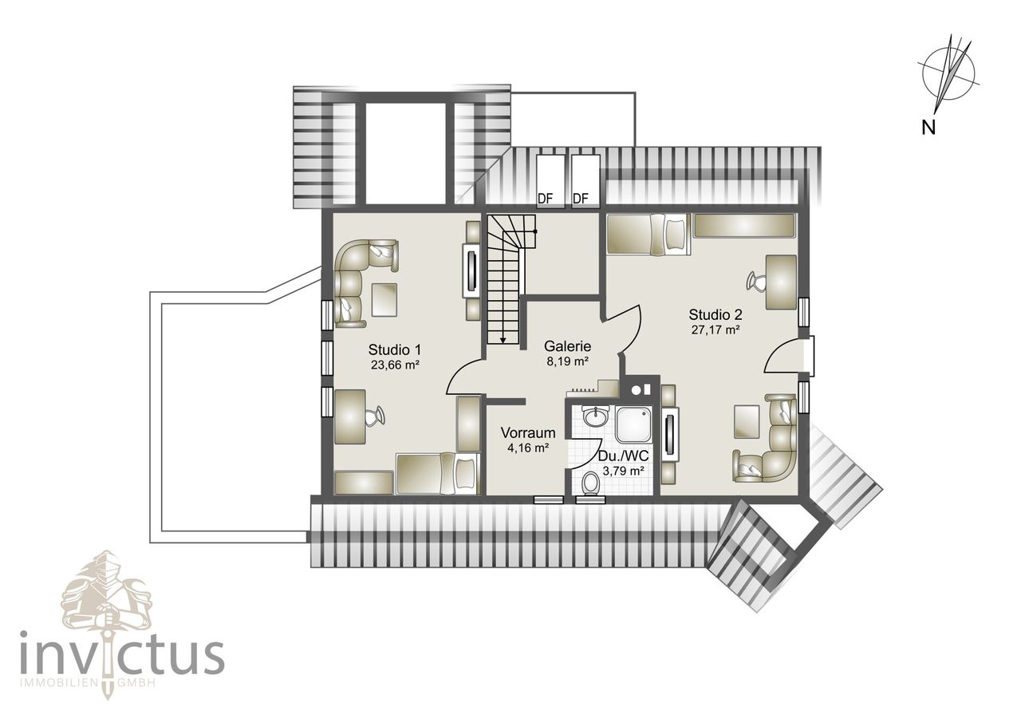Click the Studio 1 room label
[x=394, y=349]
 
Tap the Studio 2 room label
[x=715, y=314]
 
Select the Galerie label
[x=567, y=346]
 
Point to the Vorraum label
[x=528, y=432]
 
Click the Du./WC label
[x=623, y=456]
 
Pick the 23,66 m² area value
[x=395, y=365]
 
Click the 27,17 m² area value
[x=715, y=330]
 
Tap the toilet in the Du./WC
[x=591, y=483]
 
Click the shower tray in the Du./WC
[x=633, y=424]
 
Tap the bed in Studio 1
[x=438, y=473]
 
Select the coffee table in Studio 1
[x=384, y=299]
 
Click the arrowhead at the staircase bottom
[x=503, y=340]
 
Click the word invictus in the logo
[x=122, y=658]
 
